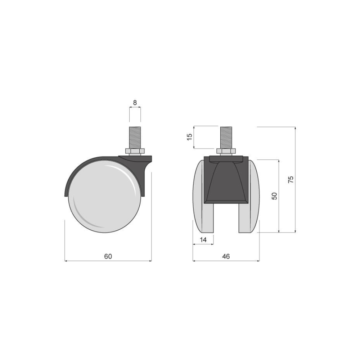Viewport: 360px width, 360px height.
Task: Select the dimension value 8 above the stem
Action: click(135, 103)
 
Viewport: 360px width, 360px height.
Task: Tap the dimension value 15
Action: click(190, 137)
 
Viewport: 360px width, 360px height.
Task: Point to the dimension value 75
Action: click(291, 179)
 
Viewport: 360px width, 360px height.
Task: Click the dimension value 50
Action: click(275, 196)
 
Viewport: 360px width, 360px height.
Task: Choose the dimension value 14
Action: click(203, 239)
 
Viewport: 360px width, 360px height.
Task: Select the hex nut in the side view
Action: click(135, 150)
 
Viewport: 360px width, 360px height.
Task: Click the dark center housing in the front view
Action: click(226, 180)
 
